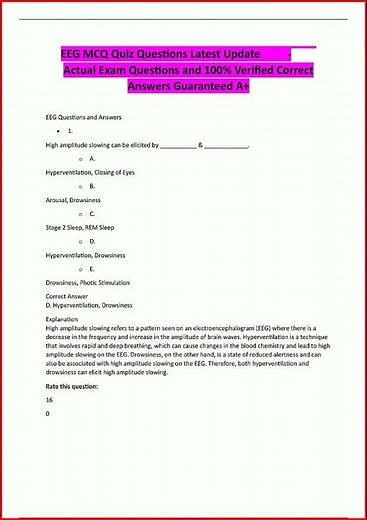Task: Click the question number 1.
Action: click(71, 131)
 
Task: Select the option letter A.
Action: click(92, 159)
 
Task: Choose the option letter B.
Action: click(92, 186)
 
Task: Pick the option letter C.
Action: click(92, 214)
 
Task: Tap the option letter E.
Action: click(92, 269)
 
